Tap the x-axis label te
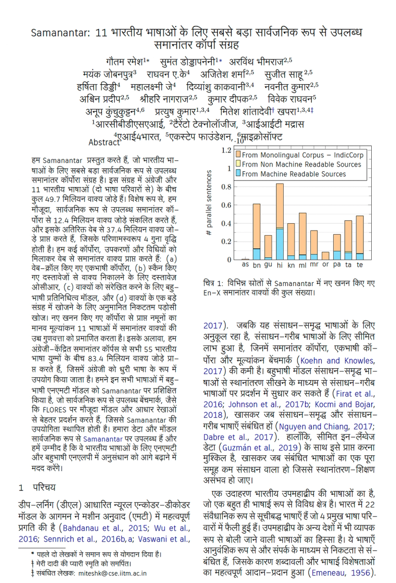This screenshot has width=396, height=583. pos(359,265)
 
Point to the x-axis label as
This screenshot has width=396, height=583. pos(245,265)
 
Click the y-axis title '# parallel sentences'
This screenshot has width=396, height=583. pos(209,205)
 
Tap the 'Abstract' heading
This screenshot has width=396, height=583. pos(104,143)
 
